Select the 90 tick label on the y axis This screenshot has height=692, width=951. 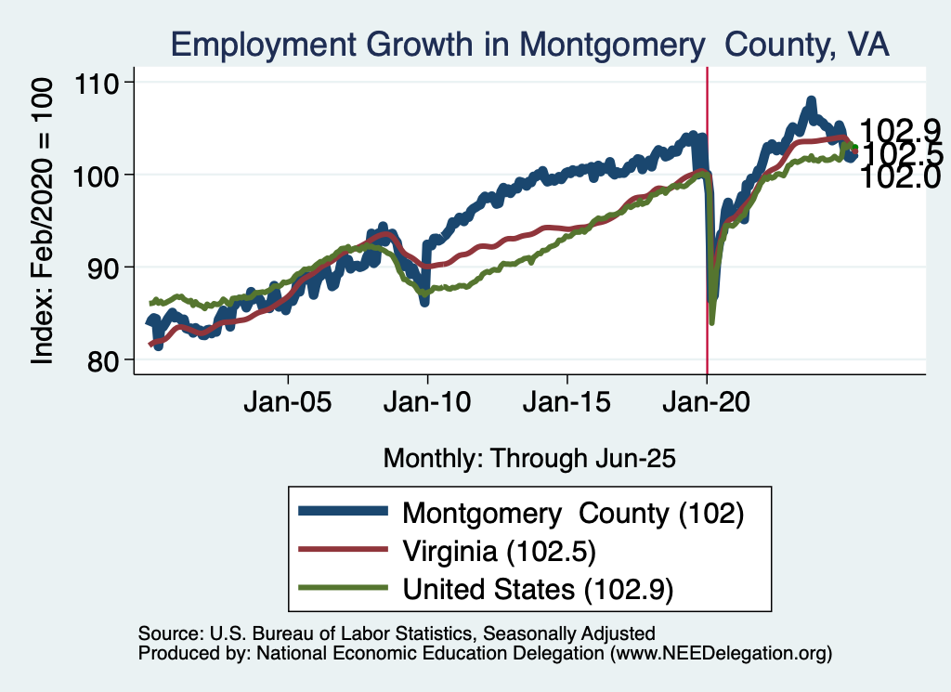111,268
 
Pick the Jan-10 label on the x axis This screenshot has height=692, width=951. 427,406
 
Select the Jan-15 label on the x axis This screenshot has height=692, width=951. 567,406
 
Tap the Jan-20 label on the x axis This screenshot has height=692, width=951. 707,406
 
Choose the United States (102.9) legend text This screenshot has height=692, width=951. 537,588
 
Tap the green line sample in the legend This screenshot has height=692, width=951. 341,588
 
